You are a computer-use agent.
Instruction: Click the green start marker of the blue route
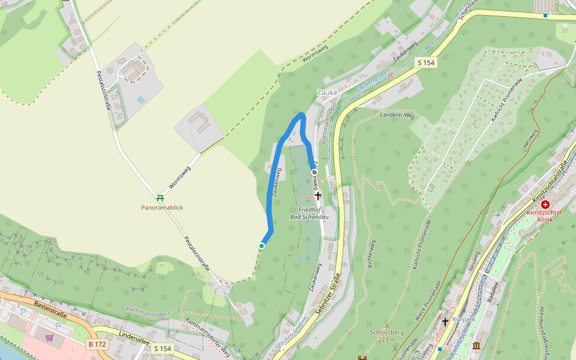(262, 246)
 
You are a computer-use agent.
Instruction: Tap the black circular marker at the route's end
(313, 172)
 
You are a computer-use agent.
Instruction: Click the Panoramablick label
(162, 208)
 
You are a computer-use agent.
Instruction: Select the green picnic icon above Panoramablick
(160, 198)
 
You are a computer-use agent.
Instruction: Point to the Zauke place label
(328, 93)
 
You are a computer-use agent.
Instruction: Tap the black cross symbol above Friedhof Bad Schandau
(318, 196)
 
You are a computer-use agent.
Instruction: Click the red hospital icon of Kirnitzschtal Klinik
(545, 204)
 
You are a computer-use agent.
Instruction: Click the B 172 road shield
(97, 344)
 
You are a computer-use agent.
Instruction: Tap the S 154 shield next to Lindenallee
(163, 348)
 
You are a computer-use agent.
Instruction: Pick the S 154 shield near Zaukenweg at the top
(426, 62)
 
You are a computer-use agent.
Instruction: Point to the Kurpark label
(464, 320)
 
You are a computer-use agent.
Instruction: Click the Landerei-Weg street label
(398, 115)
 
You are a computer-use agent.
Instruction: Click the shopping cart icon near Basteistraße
(49, 338)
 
